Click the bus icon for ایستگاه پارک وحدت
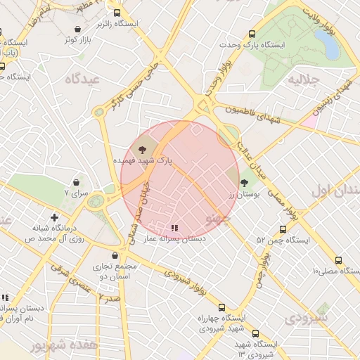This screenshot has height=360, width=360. click(x=252, y=34)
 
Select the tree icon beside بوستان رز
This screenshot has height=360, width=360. click(x=244, y=183)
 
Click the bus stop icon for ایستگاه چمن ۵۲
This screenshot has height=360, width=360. click(x=283, y=229)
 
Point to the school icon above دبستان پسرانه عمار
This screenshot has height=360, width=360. click(x=174, y=228)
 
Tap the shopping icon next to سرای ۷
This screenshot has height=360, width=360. click(x=75, y=182)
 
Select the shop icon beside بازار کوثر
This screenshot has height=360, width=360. click(x=77, y=29)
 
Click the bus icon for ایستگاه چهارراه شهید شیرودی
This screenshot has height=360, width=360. click(x=221, y=307)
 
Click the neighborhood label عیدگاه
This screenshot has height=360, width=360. click(x=83, y=79)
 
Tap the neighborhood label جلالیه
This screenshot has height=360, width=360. click(x=303, y=79)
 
